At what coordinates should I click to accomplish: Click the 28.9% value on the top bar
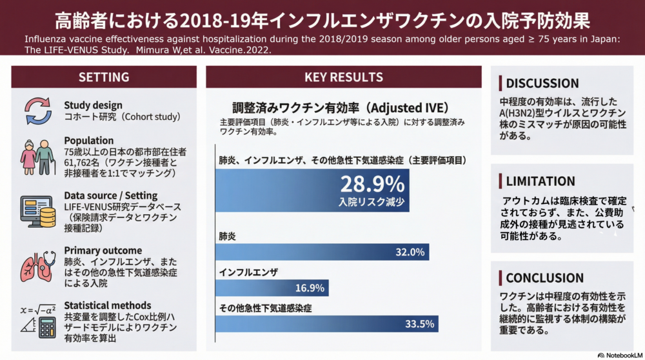point(372,184)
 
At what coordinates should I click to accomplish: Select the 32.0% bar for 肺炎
point(322,252)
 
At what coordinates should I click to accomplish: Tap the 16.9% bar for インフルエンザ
point(272,288)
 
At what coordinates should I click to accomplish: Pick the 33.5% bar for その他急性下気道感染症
point(326,324)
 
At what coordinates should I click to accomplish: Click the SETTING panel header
point(104,77)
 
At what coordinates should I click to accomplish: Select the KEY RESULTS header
point(344,77)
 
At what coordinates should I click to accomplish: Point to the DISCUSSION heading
point(542,83)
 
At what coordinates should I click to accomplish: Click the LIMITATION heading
point(541,181)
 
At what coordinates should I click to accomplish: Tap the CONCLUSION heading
point(544,277)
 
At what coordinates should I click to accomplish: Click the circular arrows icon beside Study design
point(38,111)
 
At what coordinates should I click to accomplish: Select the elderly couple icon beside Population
point(37,157)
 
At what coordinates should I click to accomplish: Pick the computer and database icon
point(38,212)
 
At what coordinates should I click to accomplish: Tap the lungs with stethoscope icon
point(38,266)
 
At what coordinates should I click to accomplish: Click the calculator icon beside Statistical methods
point(47,328)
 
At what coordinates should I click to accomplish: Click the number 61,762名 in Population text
point(82,163)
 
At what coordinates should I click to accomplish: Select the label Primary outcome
point(103,250)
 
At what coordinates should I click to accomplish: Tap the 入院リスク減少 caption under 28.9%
point(372,202)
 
